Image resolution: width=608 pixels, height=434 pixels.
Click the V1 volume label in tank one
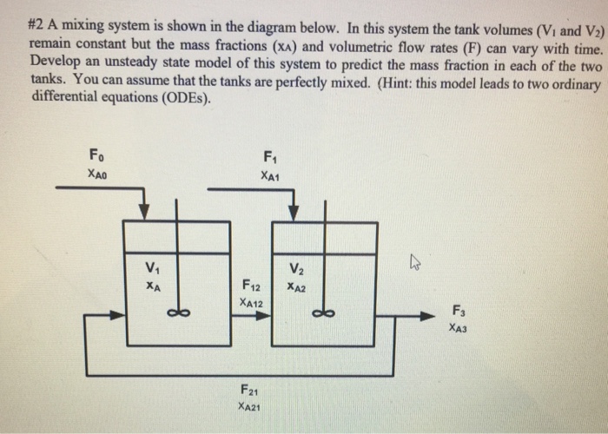tap(153, 266)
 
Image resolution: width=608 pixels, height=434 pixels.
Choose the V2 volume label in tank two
tap(297, 266)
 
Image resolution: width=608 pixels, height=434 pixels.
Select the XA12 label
tap(250, 303)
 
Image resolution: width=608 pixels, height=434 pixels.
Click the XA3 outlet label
tap(459, 328)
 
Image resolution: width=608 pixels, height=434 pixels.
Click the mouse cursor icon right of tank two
tap(417, 260)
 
